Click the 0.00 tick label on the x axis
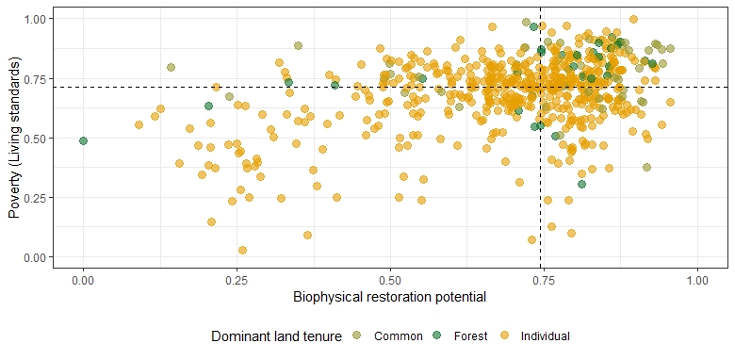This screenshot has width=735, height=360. (x=83, y=281)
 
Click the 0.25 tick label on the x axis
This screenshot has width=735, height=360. (x=237, y=281)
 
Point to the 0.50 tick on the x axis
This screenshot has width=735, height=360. (x=390, y=281)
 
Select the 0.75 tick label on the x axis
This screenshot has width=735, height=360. (x=544, y=281)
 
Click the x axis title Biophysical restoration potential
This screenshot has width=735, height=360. (x=389, y=298)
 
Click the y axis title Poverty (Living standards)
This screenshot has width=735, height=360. (x=15, y=138)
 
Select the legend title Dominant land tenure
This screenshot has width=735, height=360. (x=276, y=335)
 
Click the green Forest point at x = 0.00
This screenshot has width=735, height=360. (x=83, y=140)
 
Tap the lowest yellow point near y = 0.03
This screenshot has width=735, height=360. (x=242, y=250)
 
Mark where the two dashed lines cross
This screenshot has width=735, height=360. (x=541, y=87)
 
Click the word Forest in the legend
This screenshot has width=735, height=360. (x=470, y=335)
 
